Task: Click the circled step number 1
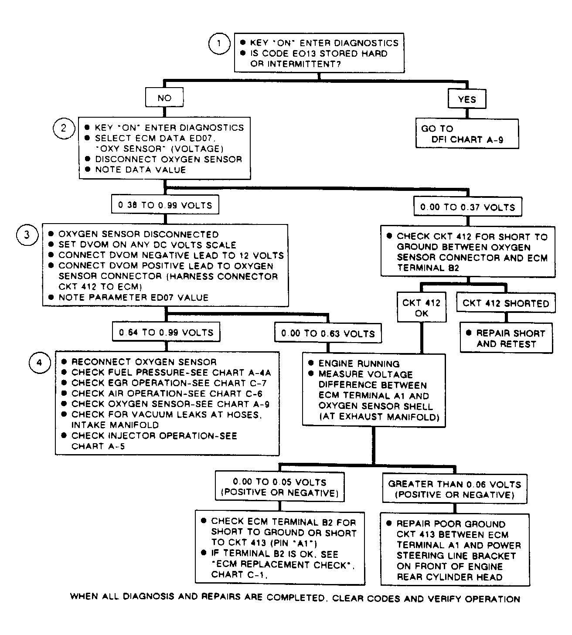(219, 44)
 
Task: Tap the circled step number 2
(64, 128)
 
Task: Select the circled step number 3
(27, 235)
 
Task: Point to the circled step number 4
(40, 363)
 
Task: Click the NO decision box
(164, 98)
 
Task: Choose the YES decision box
(467, 99)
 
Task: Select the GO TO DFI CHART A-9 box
(467, 134)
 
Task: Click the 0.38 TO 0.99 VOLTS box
(165, 204)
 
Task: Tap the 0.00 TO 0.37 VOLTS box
(468, 207)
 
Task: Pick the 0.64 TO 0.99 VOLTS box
(166, 332)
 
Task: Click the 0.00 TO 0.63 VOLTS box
(328, 333)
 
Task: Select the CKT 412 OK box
(422, 307)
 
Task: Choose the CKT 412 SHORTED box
(506, 303)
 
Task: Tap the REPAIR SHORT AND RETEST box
(506, 338)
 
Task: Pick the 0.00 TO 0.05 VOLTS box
(279, 486)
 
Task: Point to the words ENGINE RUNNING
(359, 363)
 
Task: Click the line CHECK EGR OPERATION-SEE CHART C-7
(169, 383)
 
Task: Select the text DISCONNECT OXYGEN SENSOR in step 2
(168, 159)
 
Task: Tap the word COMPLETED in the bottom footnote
(296, 598)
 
